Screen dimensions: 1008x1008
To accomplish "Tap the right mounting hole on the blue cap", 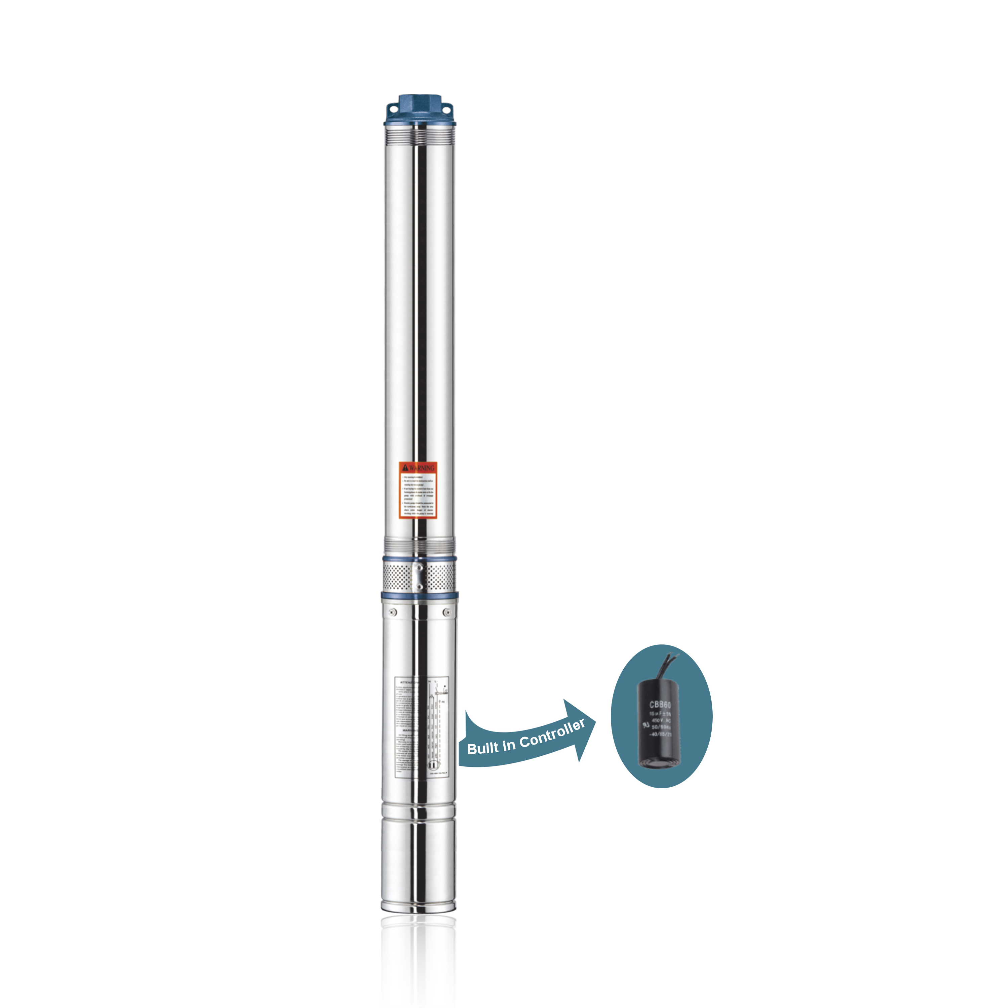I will pos(447,108).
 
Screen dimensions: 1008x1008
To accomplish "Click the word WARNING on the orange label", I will pos(422,467).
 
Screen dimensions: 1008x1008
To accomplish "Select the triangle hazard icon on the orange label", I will pos(405,467).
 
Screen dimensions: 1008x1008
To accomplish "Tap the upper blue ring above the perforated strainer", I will pos(419,558).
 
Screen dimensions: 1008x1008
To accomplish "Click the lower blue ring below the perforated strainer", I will pos(419,595).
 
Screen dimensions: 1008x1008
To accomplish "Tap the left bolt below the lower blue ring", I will pos(393,612).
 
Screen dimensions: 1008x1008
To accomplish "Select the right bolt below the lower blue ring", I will pos(447,612).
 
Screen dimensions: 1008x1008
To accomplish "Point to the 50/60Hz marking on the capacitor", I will pos(662,727).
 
